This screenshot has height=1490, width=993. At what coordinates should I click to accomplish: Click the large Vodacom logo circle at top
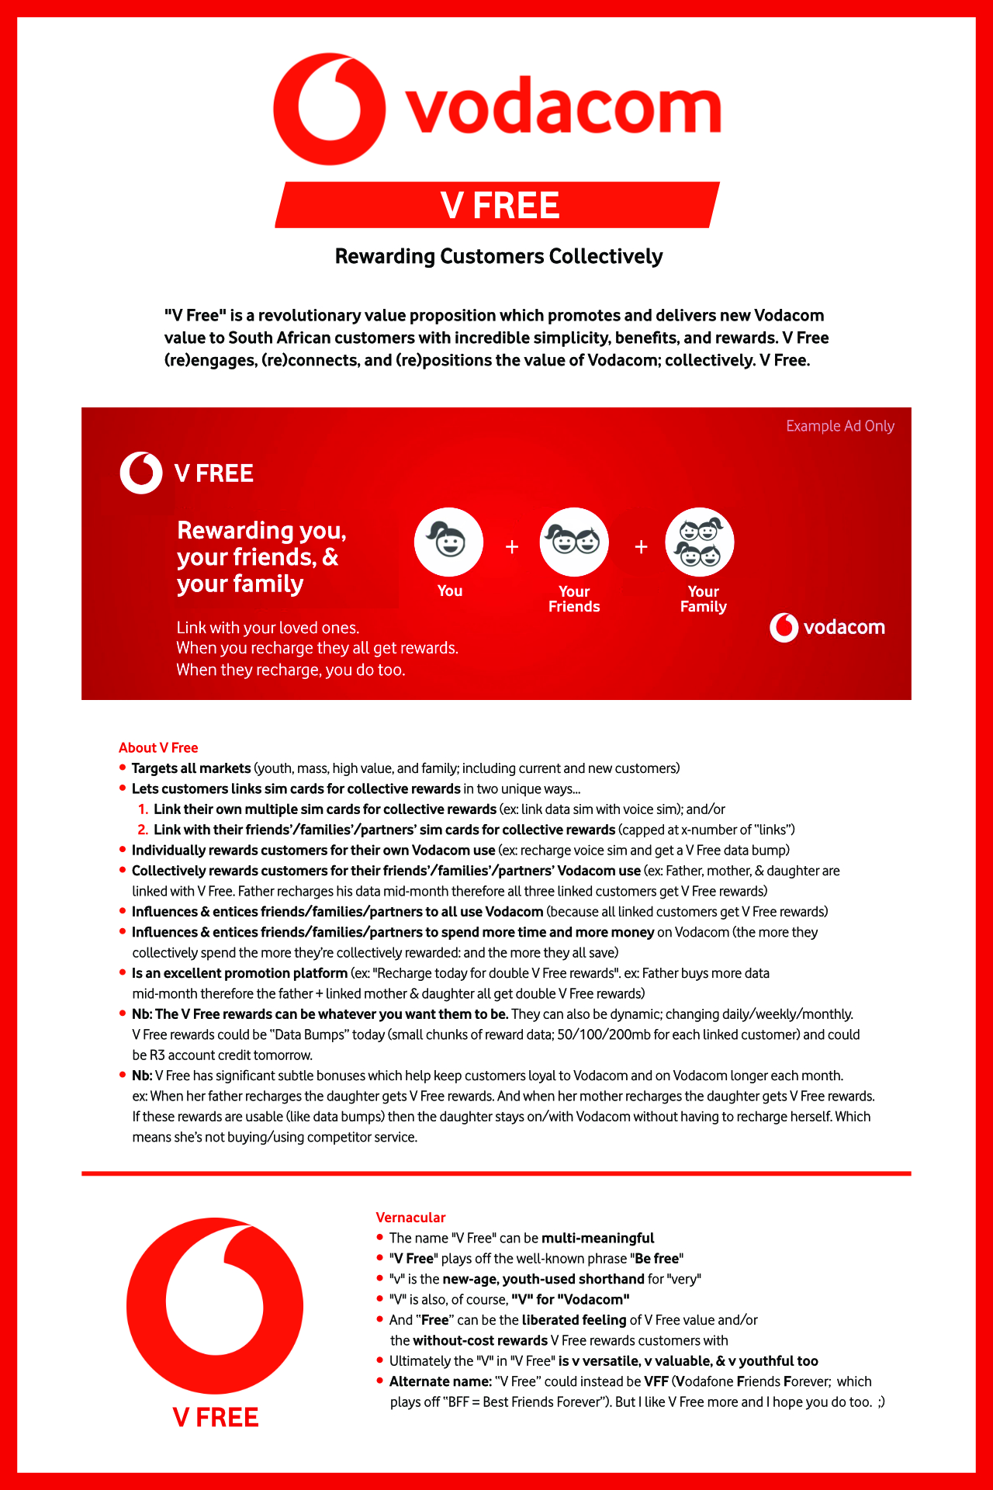tap(329, 109)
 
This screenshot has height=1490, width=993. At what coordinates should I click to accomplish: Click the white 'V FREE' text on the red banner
tap(500, 206)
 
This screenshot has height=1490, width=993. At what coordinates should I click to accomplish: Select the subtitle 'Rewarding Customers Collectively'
tap(499, 256)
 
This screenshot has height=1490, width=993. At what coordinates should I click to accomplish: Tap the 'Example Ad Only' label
tap(839, 426)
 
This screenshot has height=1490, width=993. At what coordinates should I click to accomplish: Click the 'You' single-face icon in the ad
tap(448, 542)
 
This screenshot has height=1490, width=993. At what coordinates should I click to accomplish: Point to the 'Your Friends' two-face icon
tap(574, 542)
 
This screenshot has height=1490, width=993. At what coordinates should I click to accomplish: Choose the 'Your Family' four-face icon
tap(700, 542)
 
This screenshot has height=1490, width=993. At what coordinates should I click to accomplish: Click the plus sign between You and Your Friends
tap(512, 547)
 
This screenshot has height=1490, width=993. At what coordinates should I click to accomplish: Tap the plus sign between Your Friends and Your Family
tap(641, 547)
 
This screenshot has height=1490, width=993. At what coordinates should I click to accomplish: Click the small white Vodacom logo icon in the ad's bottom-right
tap(784, 627)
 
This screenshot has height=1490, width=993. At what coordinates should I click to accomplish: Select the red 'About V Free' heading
tap(158, 747)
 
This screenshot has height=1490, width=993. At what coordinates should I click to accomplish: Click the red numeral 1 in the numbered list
tap(143, 809)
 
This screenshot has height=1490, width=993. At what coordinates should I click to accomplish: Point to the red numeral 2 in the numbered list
tap(143, 830)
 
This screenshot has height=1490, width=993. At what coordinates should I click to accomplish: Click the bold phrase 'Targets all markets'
tap(191, 768)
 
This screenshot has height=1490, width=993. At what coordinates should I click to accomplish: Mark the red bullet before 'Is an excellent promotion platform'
tap(123, 972)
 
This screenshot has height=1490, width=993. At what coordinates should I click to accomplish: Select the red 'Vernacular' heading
tap(410, 1218)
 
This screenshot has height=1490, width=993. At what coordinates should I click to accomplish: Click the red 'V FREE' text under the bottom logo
tap(216, 1417)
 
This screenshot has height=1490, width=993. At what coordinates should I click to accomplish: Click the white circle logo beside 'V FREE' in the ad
tap(141, 473)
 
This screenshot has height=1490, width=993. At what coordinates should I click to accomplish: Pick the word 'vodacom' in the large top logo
tap(564, 109)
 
